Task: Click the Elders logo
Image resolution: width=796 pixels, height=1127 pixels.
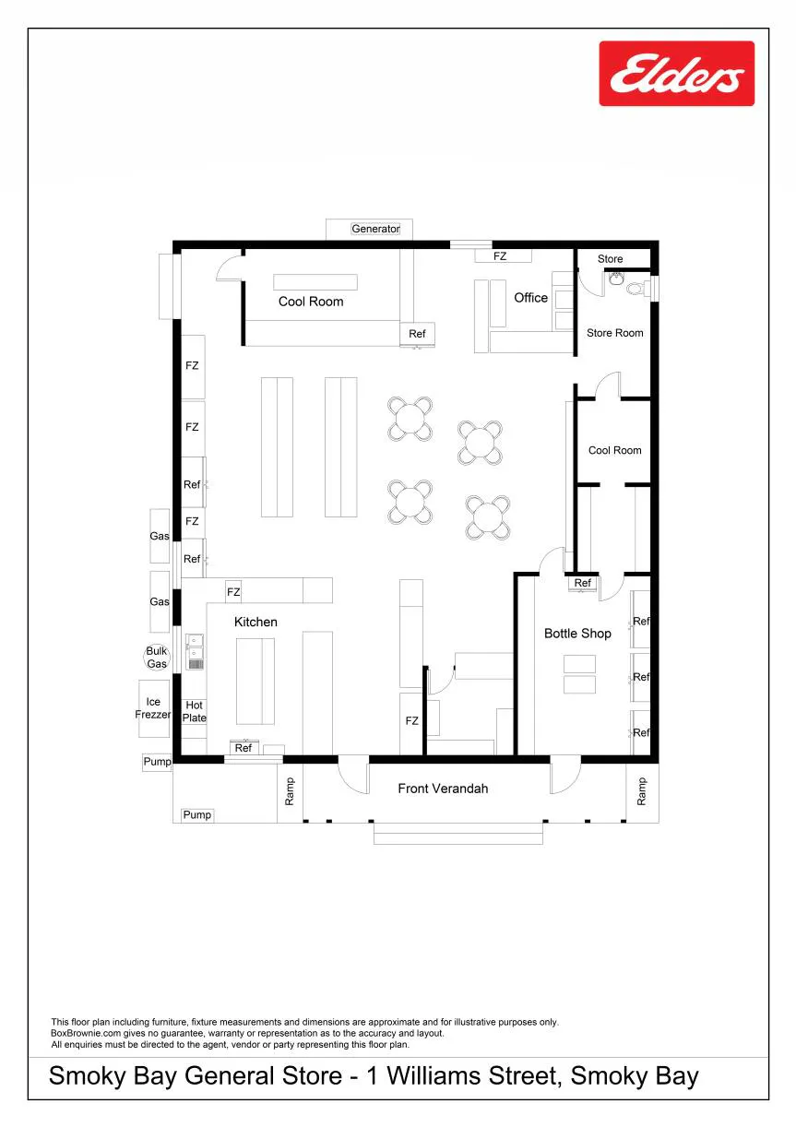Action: coord(676,74)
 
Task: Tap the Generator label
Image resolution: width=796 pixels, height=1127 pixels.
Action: coord(375,229)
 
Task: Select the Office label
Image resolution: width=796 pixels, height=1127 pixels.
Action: coord(530,297)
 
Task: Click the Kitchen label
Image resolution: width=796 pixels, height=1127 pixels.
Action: coord(255,622)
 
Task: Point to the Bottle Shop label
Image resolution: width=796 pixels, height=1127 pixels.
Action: coord(577,633)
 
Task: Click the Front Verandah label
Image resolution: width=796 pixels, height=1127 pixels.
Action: coord(443,788)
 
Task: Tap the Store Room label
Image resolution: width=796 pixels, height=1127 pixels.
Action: coord(615,333)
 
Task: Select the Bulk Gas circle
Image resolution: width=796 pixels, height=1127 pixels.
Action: coord(157,657)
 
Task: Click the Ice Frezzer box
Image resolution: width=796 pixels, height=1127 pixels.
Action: coord(154,708)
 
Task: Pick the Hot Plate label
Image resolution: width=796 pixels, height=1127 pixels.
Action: coord(195,711)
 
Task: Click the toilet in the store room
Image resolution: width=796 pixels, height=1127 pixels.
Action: coord(636,289)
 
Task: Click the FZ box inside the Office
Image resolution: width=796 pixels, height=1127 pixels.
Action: coord(504,256)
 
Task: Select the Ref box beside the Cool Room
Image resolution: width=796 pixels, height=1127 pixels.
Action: coord(417,334)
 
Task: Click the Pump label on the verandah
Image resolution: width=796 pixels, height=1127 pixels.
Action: coord(196,814)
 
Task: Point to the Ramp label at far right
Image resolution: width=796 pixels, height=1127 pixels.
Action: coord(642,791)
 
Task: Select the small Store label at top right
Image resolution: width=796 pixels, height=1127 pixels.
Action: coord(610,258)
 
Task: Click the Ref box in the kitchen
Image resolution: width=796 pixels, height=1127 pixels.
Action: coord(244,748)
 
